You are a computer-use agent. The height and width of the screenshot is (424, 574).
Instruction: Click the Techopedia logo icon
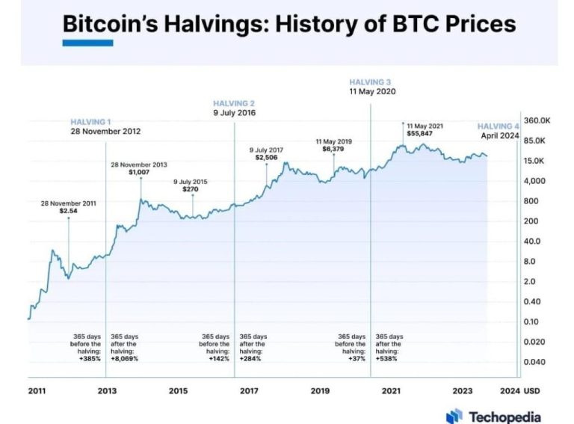tap(454, 416)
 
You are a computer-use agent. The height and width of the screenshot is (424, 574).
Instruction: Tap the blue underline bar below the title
tap(87, 43)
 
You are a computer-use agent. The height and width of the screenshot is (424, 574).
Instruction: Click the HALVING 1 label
tap(91, 121)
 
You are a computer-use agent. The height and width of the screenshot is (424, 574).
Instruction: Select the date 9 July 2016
tap(234, 113)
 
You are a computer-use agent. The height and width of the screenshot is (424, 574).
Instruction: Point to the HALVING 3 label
tap(370, 82)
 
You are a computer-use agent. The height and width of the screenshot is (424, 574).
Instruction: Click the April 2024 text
tap(499, 136)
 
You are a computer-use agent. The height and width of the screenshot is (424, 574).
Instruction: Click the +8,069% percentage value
tap(125, 358)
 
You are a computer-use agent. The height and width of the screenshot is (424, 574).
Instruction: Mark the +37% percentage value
tap(356, 358)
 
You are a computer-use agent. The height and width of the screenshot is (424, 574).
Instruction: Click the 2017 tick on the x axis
tap(249, 391)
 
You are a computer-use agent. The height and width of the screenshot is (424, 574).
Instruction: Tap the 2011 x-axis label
tap(37, 391)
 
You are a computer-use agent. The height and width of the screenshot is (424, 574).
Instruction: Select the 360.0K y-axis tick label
tap(537, 120)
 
